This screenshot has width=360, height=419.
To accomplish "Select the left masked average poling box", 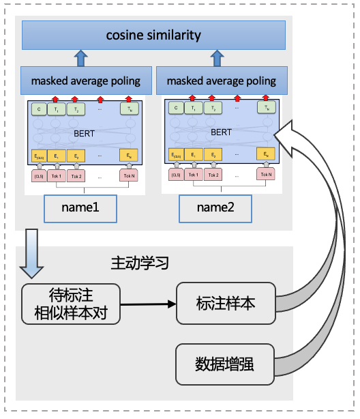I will click(x=86, y=81).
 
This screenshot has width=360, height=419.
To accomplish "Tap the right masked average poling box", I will click(x=222, y=81).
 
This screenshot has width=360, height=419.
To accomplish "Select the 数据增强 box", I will click(x=225, y=364).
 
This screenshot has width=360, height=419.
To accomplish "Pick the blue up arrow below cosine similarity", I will click(x=80, y=57).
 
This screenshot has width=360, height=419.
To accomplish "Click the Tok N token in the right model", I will click(x=265, y=174).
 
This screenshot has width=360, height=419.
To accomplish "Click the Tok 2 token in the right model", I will click(x=214, y=174).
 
